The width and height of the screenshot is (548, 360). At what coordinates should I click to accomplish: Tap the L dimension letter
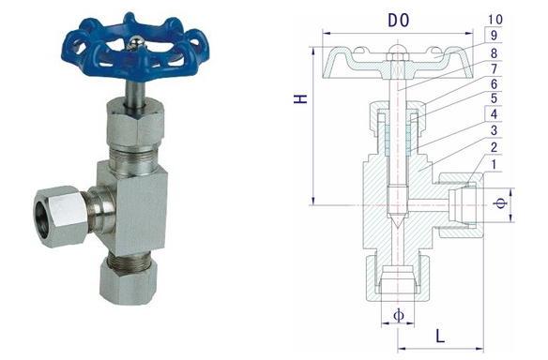pyautogui.click(x=440, y=334)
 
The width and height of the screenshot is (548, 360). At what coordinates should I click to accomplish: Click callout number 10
pyautogui.click(x=495, y=20)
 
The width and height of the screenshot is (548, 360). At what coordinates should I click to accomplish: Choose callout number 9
pyautogui.click(x=495, y=35)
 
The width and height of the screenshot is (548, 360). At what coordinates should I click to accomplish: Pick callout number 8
pyautogui.click(x=495, y=52)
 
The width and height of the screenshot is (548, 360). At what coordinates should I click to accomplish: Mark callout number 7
pyautogui.click(x=495, y=70)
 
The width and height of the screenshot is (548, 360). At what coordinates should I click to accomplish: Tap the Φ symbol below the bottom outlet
pyautogui.click(x=398, y=315)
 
